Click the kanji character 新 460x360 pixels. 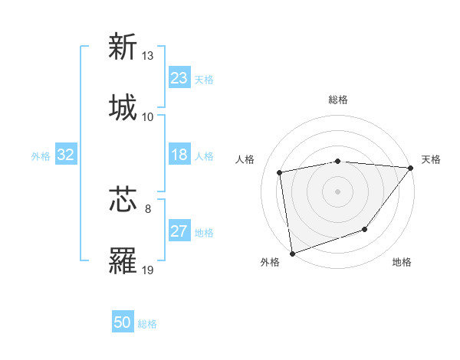[123, 47]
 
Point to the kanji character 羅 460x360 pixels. [123, 260]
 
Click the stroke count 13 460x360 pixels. [148, 56]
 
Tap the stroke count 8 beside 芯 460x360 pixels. [148, 208]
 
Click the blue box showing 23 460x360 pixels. [179, 78]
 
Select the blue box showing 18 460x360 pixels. [179, 155]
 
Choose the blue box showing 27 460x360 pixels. [179, 231]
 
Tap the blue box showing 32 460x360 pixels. [66, 155]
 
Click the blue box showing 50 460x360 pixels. [123, 322]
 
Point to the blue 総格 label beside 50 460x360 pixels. [147, 324]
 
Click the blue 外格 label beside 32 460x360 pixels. [41, 156]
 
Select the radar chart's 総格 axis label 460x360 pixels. [338, 100]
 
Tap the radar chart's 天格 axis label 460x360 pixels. [431, 159]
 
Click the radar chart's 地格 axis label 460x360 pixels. [402, 263]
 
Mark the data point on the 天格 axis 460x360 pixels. [411, 168]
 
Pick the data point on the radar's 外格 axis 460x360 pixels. [292, 253]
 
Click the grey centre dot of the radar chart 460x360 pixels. [338, 191]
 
